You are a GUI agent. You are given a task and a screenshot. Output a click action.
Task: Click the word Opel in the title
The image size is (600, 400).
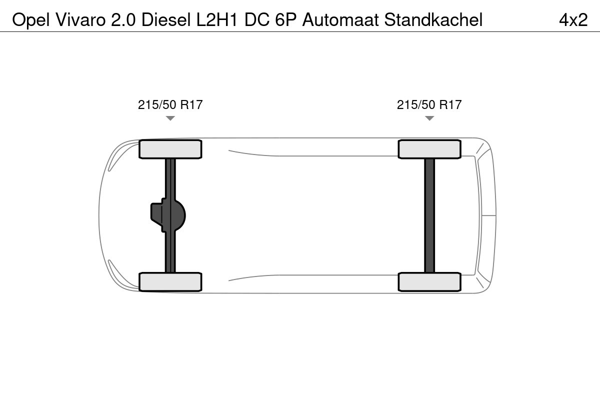coord(31,20)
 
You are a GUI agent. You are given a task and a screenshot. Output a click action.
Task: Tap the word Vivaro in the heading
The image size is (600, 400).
coord(81,19)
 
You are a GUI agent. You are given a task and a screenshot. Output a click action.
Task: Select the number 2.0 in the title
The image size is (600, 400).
coord(123,20)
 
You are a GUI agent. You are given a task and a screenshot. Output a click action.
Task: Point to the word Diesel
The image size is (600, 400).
coord(166,19)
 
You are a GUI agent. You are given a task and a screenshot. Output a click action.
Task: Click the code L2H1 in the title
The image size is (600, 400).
coord(217,19)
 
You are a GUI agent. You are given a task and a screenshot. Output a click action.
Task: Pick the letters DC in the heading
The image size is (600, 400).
coord(257,19)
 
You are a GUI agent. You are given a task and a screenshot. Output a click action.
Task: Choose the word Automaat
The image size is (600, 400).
coord(340,19)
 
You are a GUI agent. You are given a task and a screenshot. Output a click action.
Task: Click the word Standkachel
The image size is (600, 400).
coord(433,19)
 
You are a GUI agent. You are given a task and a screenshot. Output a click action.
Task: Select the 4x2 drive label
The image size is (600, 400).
coord(573,20)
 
